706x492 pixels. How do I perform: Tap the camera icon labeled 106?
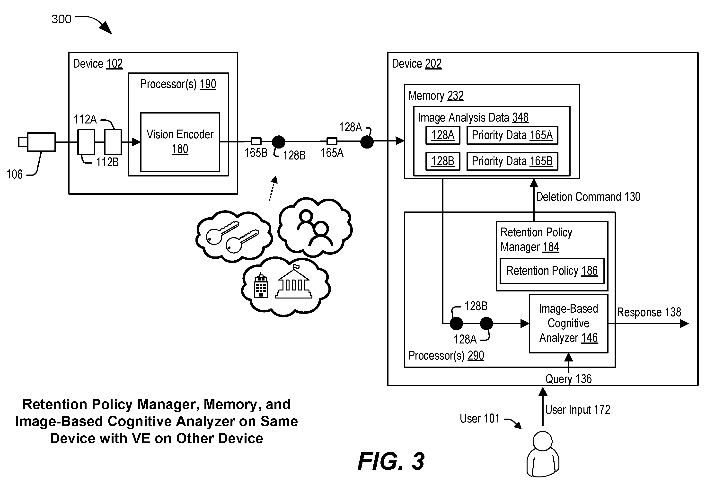(37, 142)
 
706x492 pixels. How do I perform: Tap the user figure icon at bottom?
(543, 454)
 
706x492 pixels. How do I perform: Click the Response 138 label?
(649, 312)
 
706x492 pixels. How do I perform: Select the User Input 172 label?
(577, 410)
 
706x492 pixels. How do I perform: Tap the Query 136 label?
(568, 379)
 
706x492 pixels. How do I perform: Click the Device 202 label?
(417, 64)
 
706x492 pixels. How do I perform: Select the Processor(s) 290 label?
(446, 355)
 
